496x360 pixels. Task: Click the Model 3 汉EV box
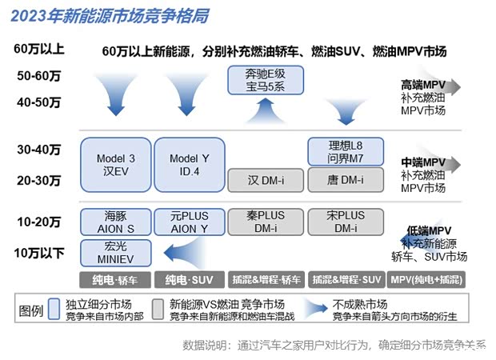tap(115, 166)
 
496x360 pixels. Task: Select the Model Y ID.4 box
tap(189, 166)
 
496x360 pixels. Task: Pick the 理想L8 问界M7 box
tap(346, 152)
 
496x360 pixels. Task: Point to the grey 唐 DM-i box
tap(346, 181)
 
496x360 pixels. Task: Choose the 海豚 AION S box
tap(115, 222)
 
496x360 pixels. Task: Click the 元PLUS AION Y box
tap(189, 222)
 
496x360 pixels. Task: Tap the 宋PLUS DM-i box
tap(346, 222)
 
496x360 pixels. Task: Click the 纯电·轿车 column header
tap(115, 279)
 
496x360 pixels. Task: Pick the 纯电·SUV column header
tap(189, 279)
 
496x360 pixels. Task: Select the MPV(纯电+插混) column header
tap(428, 279)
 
